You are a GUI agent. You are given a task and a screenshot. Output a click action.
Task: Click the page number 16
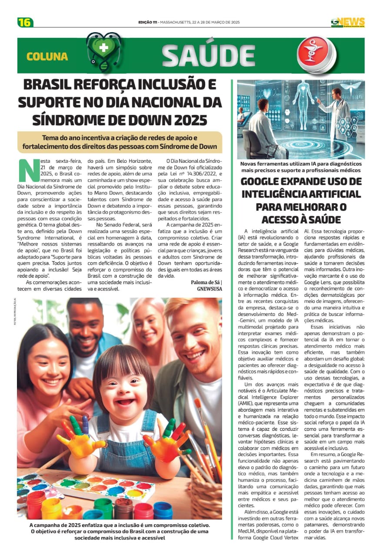point(25,22)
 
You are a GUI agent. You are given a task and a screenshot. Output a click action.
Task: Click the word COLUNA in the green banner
point(47,57)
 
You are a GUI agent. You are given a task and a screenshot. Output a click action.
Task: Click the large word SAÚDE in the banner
point(208,56)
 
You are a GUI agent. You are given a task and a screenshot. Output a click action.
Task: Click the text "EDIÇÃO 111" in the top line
point(147,22)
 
